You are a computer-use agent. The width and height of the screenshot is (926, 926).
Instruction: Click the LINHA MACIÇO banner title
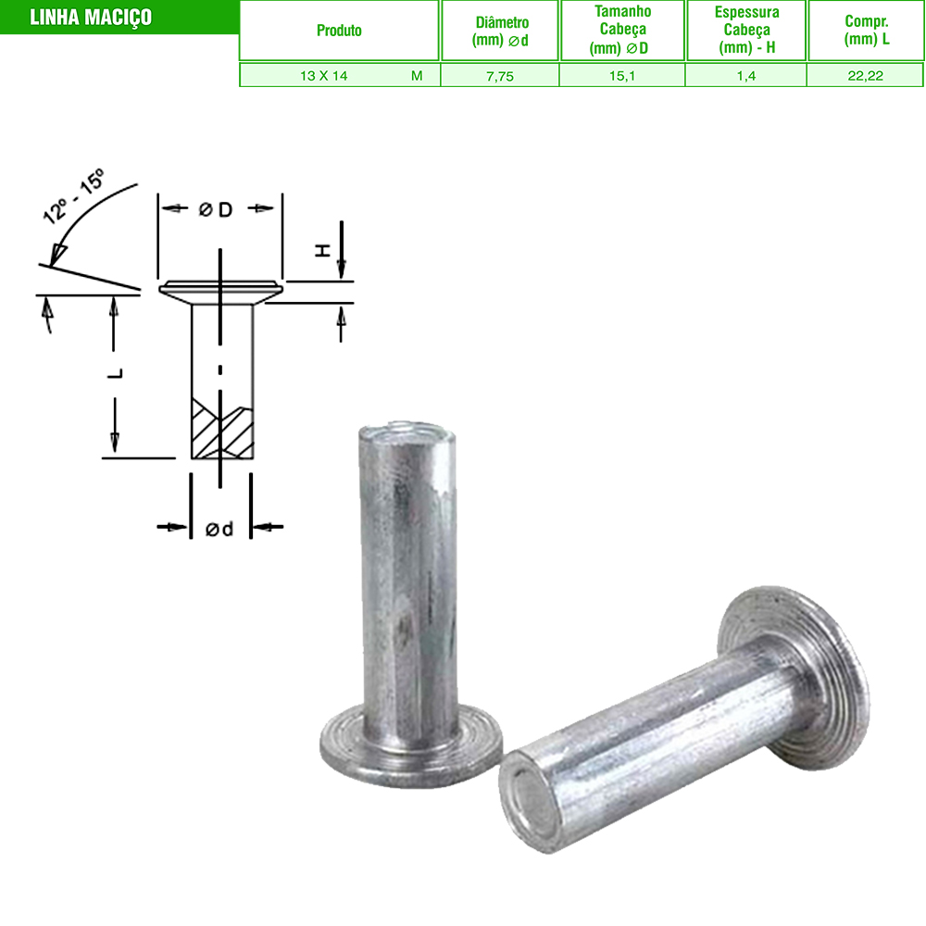91,17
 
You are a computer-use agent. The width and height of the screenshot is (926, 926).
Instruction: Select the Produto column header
339,31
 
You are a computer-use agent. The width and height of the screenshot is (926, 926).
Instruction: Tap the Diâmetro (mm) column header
500,31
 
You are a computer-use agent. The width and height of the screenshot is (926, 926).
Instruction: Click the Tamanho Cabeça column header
622,30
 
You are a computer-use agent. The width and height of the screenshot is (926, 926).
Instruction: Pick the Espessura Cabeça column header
746,30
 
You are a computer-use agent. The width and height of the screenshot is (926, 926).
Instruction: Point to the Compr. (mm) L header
867,31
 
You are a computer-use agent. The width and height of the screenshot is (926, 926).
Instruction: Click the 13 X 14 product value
323,76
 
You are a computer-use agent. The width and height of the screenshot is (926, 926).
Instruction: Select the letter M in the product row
417,76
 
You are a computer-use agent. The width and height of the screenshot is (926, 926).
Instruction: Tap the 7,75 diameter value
500,76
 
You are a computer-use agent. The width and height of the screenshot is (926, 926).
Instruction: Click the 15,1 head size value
622,76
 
